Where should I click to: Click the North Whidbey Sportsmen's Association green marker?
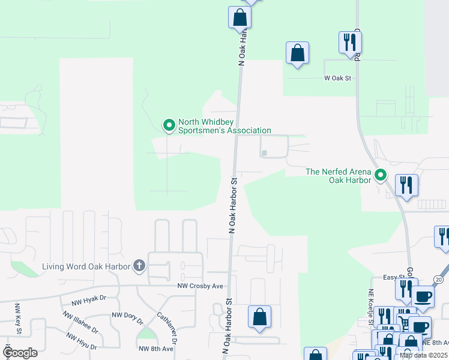click(169, 125)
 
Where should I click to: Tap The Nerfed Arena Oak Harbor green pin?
click(380, 176)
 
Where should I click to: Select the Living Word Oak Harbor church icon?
click(139, 266)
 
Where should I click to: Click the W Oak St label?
click(337, 78)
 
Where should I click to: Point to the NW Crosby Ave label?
click(200, 286)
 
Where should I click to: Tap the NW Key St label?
click(18, 318)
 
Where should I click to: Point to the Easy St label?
click(391, 278)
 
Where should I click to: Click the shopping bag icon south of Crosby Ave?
click(259, 317)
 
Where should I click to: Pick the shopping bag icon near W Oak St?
click(298, 53)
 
